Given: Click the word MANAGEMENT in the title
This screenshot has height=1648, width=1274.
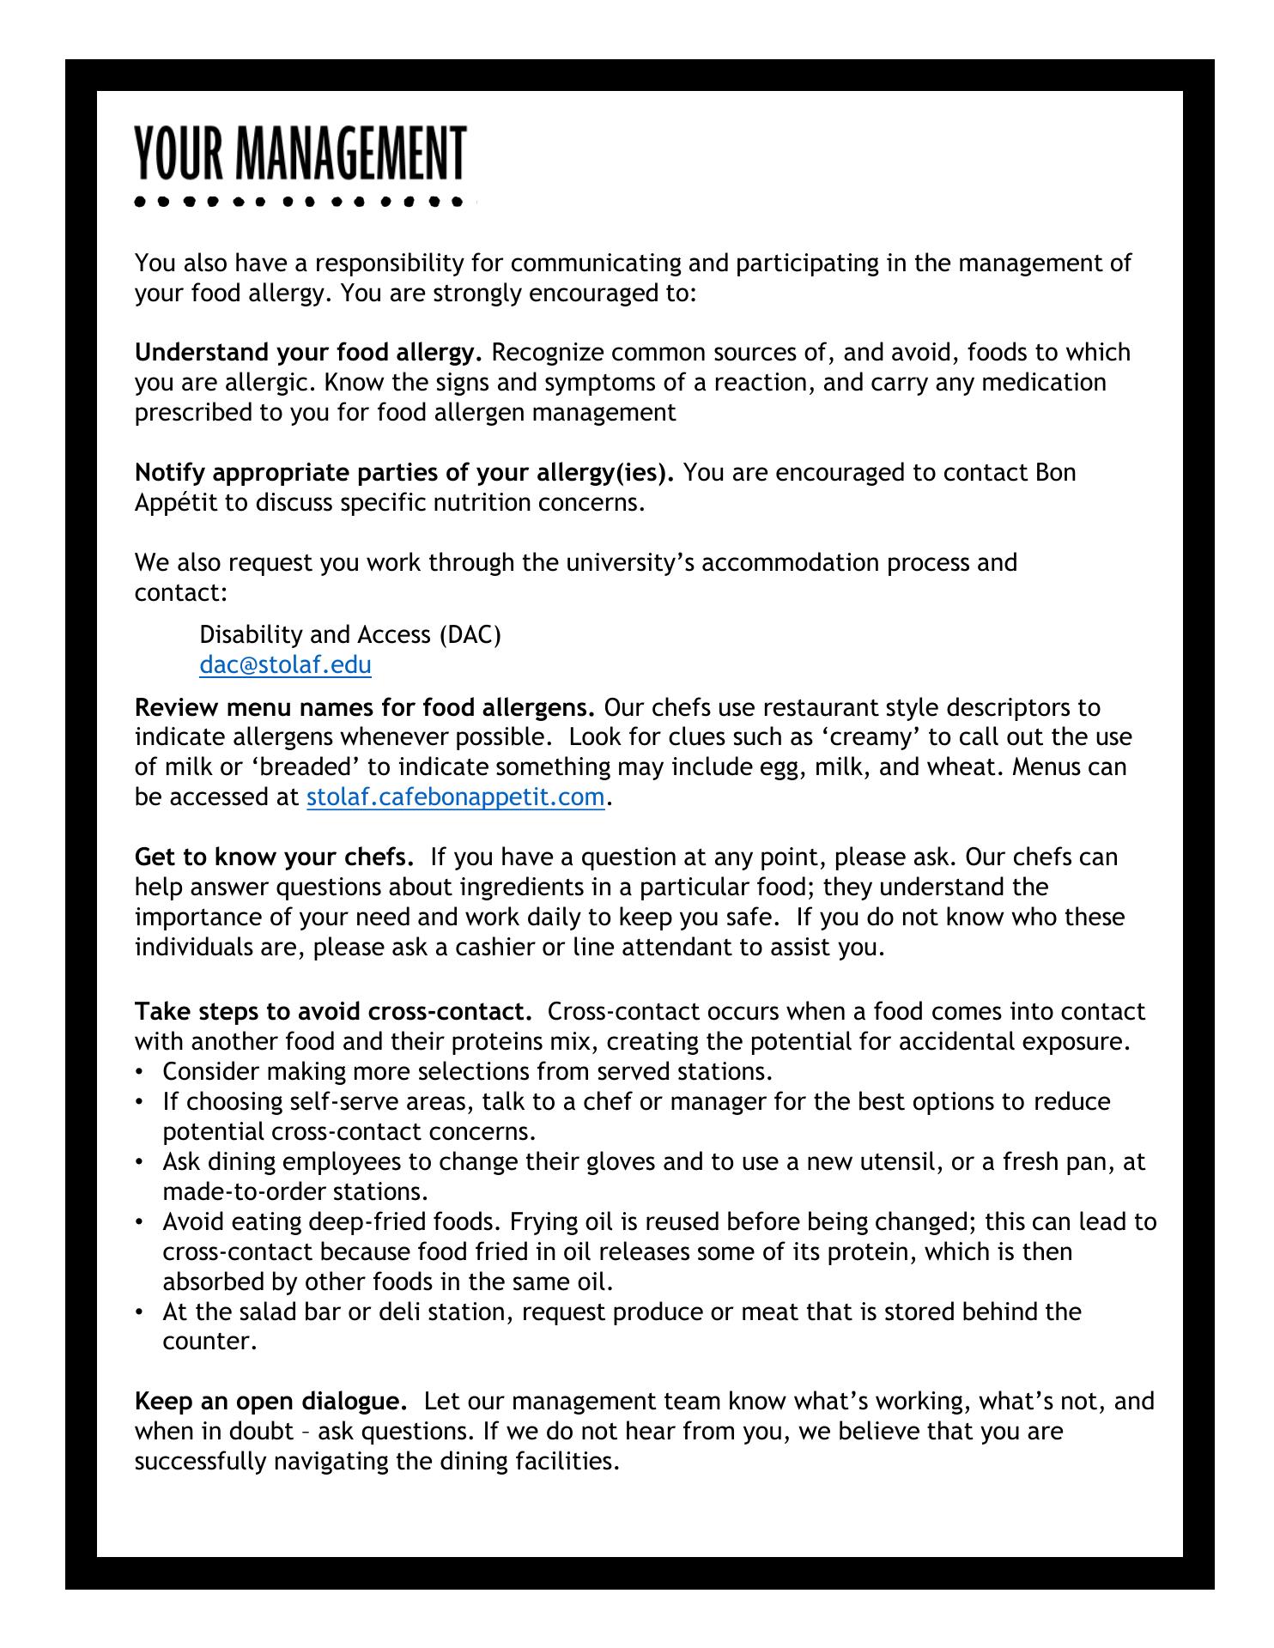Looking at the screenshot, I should point(350,154).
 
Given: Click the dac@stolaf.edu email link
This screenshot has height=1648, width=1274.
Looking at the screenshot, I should point(285,665).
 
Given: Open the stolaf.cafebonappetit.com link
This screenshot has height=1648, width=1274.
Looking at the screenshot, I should point(455,797).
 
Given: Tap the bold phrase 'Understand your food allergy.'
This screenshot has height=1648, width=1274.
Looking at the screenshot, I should point(309,353).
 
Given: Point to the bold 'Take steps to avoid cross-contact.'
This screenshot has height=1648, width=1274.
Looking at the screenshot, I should point(333,1012).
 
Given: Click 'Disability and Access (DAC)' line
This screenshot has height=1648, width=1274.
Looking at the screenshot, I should point(350,635).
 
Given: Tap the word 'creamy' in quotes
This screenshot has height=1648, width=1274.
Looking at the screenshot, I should point(863,737).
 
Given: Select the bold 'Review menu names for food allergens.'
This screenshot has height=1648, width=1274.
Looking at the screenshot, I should point(365,708).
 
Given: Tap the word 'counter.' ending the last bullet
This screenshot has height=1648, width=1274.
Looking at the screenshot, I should point(210,1342).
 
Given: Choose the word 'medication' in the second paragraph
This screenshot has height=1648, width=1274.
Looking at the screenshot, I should point(1043,382).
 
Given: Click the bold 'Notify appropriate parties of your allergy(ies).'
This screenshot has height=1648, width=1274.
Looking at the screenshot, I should point(404,473).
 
